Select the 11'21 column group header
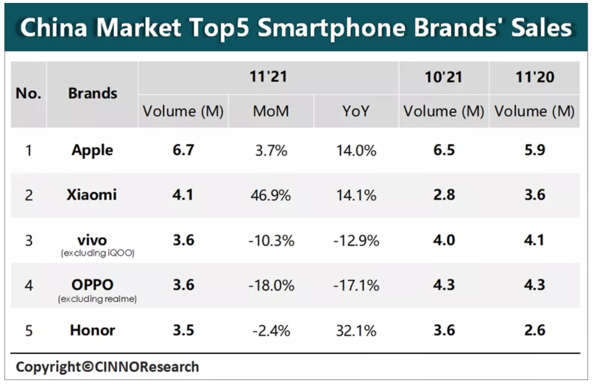click(x=268, y=77)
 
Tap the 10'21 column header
click(x=444, y=77)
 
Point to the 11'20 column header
click(x=534, y=77)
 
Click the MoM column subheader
click(x=271, y=112)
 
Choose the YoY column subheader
click(x=356, y=112)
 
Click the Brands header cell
click(x=92, y=93)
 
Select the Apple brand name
click(x=92, y=150)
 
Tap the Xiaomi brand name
click(x=92, y=195)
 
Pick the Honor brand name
click(x=92, y=330)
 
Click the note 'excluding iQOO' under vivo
click(x=97, y=253)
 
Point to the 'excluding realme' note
click(x=97, y=299)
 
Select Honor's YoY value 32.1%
click(x=356, y=331)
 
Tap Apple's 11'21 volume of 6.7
click(x=183, y=150)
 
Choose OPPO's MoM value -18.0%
click(x=271, y=285)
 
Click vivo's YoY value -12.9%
click(x=356, y=241)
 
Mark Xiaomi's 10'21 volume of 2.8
click(x=444, y=195)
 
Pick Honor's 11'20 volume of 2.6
click(x=534, y=330)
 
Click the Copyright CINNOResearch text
click(x=107, y=366)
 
